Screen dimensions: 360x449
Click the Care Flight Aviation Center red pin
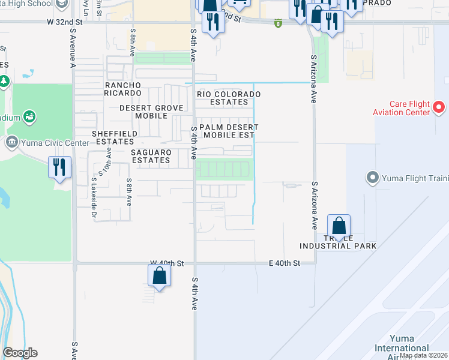coord(439,108)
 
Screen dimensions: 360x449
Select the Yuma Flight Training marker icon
coord(372,178)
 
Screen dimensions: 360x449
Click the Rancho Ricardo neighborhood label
coord(123,89)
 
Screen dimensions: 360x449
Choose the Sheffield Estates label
coord(113,137)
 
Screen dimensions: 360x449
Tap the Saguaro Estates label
coord(151,157)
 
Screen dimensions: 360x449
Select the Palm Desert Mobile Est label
coord(229,131)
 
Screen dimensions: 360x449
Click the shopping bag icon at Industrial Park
coord(339,227)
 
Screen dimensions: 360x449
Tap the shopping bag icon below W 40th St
coord(159,276)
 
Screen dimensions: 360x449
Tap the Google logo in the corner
coord(20,353)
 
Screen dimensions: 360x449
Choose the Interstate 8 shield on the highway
coord(278,23)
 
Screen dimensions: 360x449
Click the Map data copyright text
coord(424,355)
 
